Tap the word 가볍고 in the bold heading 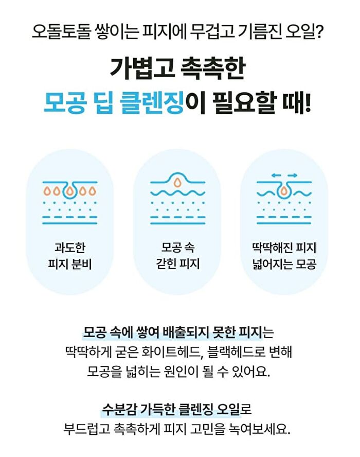click(x=141, y=68)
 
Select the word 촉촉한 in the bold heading click(x=213, y=68)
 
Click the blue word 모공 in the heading click(x=65, y=103)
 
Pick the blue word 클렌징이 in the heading click(x=162, y=103)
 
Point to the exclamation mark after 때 click(x=308, y=103)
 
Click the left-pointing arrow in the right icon click(x=276, y=175)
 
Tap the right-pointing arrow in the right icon click(x=292, y=175)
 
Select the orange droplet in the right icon click(x=284, y=190)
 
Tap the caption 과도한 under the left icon click(x=70, y=248)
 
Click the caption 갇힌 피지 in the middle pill click(x=177, y=264)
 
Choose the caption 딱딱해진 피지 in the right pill click(x=284, y=248)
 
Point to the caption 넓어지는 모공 click(x=284, y=264)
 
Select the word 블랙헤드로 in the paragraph click(x=236, y=352)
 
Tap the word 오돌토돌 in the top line click(x=62, y=31)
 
